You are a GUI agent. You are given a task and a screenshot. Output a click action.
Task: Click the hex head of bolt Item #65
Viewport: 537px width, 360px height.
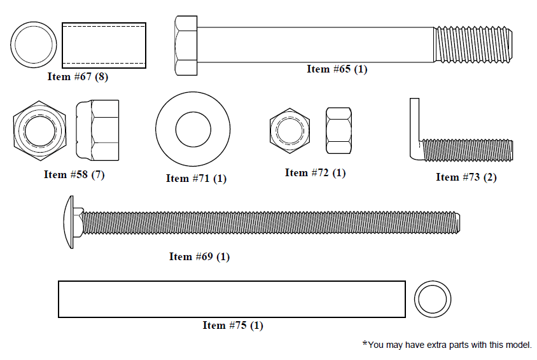[186, 45]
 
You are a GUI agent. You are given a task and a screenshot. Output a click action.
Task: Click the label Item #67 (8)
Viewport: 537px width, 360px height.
[78, 76]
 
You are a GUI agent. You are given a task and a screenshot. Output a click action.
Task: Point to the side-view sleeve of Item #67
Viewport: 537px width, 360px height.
[104, 45]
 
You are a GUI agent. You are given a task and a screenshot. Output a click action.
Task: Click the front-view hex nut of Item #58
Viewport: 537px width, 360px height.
[39, 130]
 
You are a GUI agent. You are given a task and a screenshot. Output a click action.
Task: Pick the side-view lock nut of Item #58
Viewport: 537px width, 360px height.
[97, 130]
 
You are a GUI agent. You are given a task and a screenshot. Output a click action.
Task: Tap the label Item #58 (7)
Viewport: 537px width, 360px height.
[74, 174]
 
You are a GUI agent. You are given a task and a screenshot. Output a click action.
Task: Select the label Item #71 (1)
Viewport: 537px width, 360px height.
[196, 179]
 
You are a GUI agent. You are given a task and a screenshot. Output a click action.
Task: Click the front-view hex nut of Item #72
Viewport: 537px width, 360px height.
[289, 130]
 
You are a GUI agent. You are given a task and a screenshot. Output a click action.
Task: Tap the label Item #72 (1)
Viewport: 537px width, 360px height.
[315, 173]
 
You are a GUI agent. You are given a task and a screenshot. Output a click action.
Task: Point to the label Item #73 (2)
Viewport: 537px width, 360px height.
[466, 177]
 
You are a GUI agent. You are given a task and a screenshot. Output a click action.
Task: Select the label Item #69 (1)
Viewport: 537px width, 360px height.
[199, 257]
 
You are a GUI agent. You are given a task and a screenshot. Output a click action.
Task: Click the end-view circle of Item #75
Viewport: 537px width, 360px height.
[433, 299]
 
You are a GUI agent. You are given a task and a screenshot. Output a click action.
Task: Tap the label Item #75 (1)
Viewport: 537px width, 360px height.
[233, 326]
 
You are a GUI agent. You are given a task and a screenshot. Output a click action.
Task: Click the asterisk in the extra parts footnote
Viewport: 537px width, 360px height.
[365, 343]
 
